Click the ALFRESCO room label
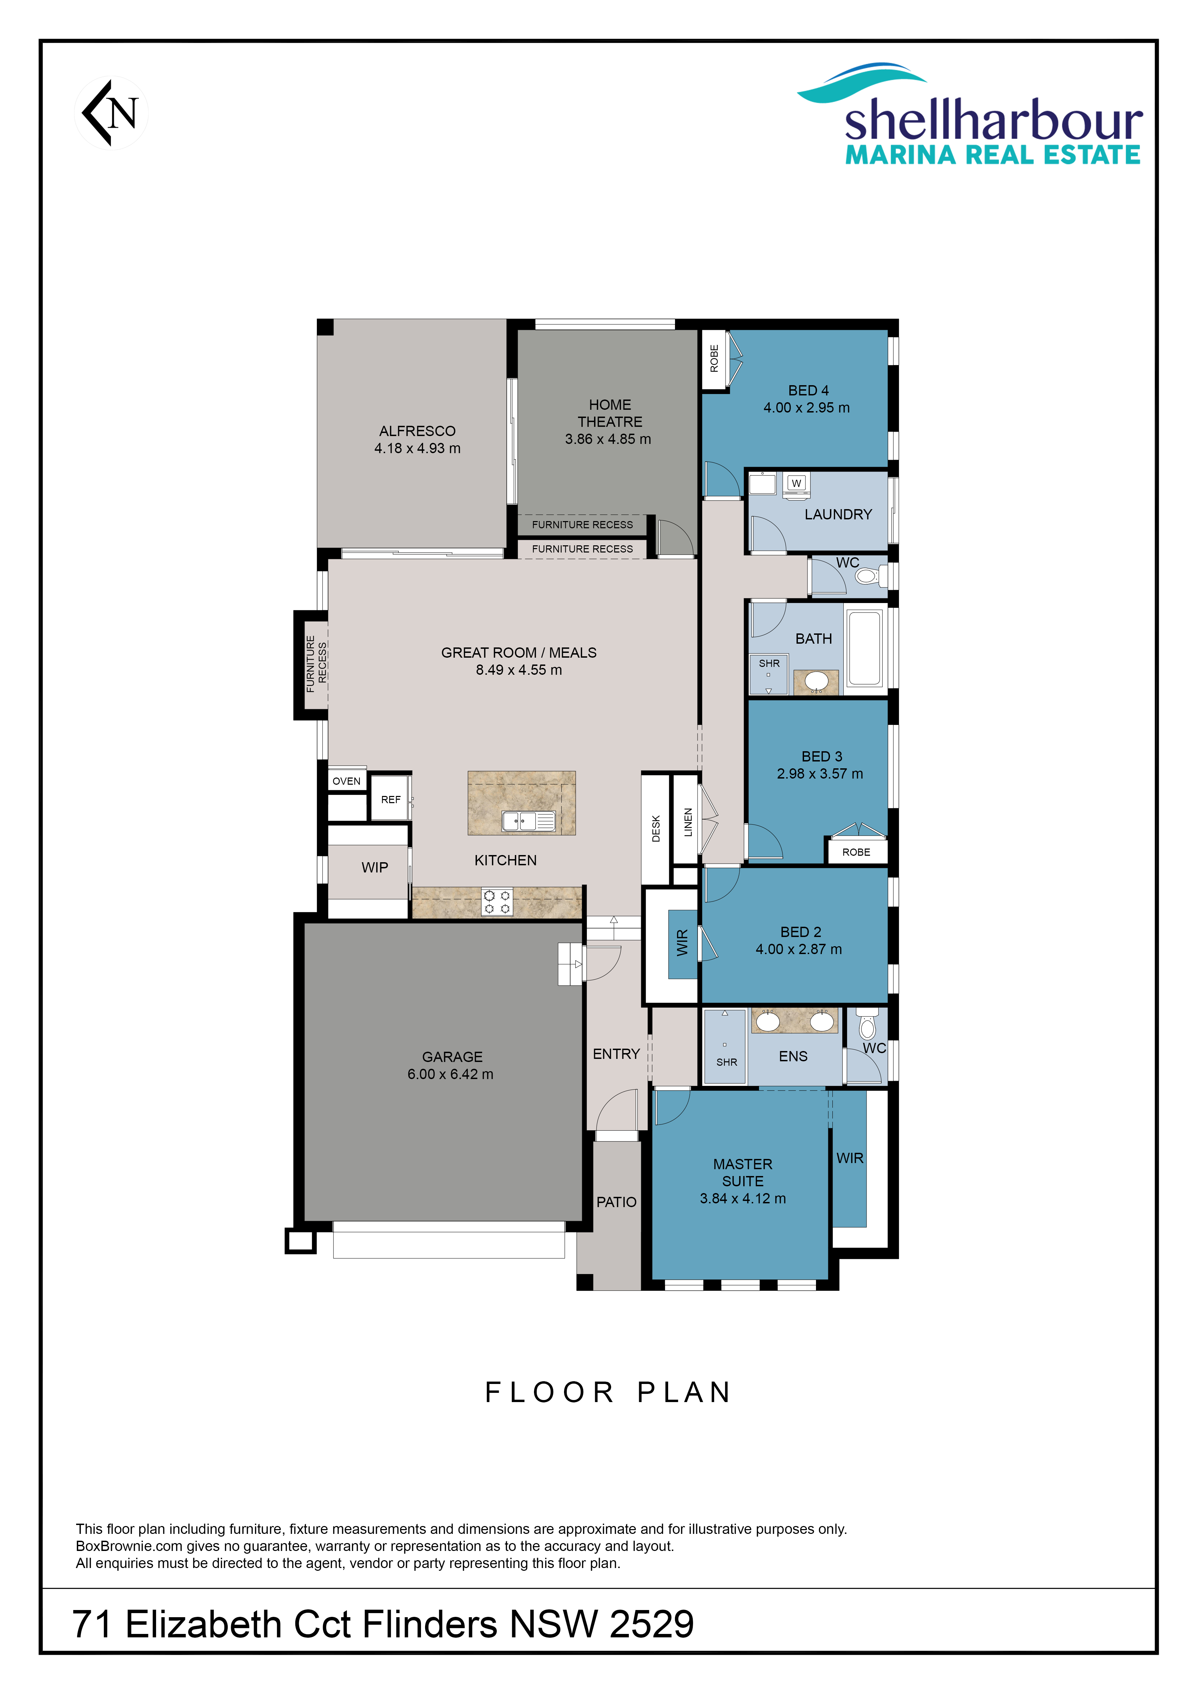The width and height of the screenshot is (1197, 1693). [x=417, y=431]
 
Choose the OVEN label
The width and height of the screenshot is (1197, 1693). [x=347, y=781]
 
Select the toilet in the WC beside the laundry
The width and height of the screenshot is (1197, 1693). [x=871, y=576]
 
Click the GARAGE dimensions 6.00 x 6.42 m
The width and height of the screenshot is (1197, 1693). [x=450, y=1074]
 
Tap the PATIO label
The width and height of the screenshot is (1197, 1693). [x=616, y=1202]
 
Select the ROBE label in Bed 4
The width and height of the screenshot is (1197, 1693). [x=714, y=358]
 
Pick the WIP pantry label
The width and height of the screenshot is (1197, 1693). [x=375, y=867]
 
